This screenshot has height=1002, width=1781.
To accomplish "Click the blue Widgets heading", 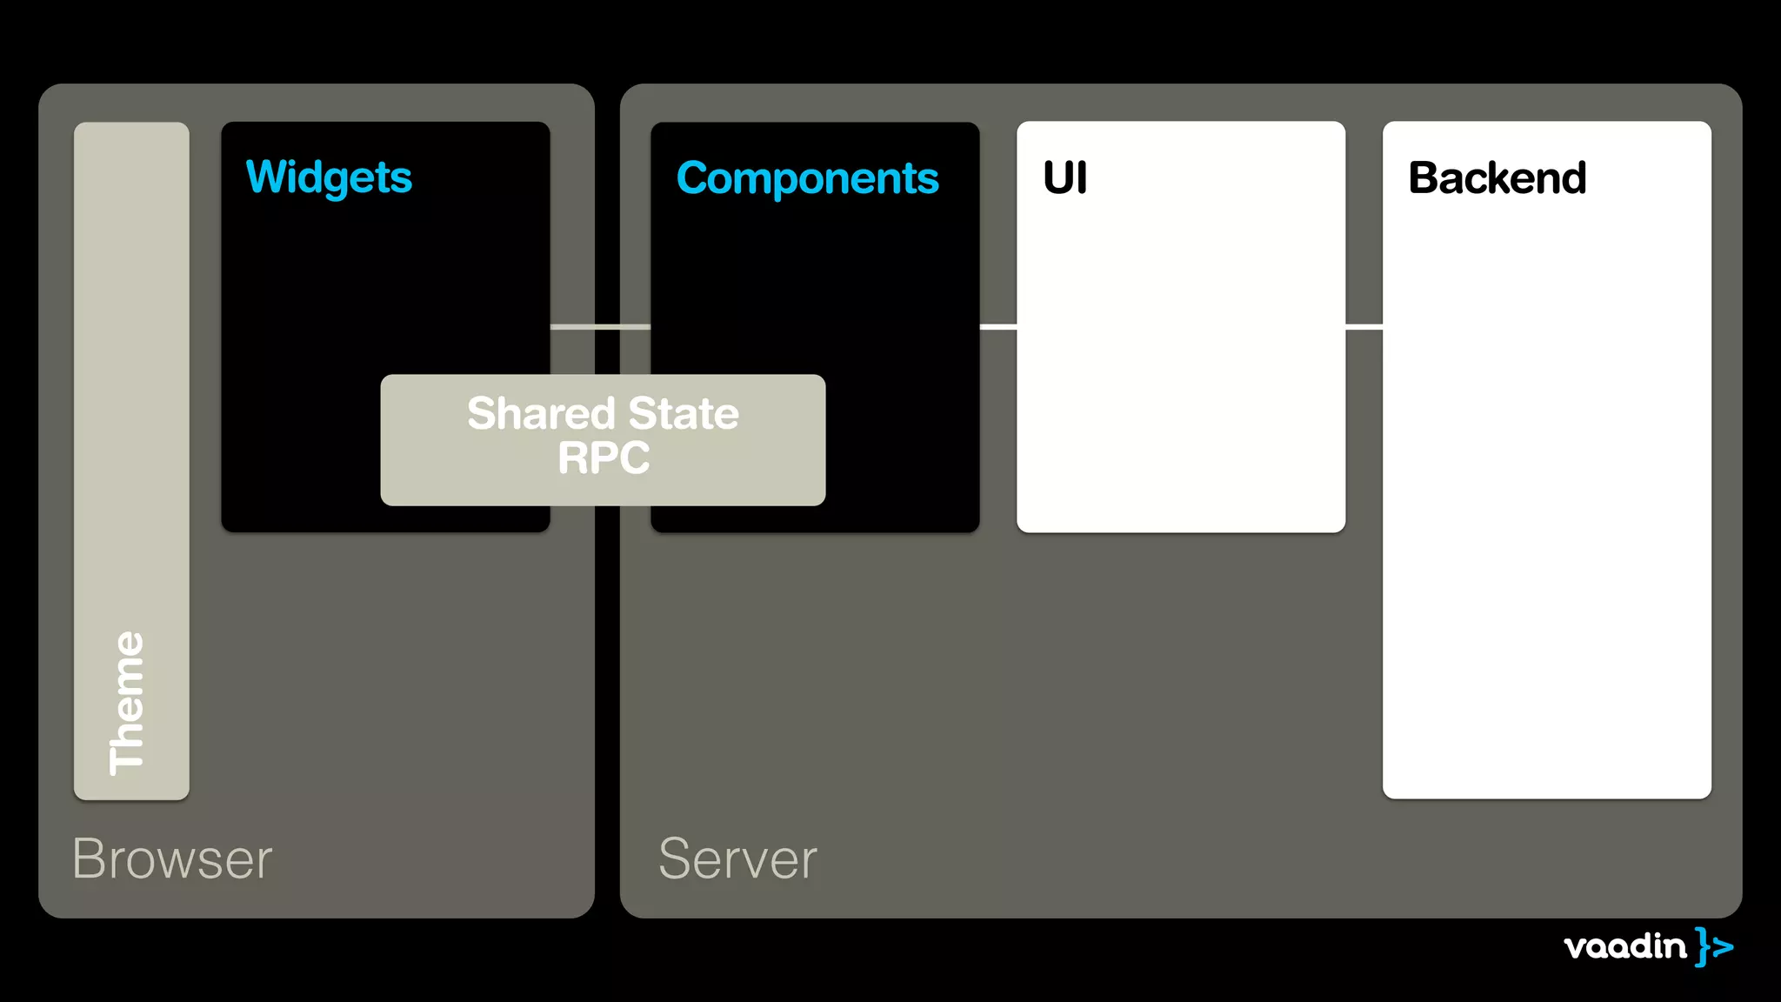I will click(x=329, y=177).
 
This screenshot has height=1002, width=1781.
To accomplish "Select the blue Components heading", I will click(x=807, y=178).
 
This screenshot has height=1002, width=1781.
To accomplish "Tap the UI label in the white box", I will click(x=1064, y=178).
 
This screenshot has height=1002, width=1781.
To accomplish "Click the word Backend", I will click(x=1497, y=178).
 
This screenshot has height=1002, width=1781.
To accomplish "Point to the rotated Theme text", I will click(x=127, y=703).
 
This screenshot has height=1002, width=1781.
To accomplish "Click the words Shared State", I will click(x=603, y=413).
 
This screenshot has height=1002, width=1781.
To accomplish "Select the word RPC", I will click(x=604, y=458).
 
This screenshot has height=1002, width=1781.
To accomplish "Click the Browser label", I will click(x=172, y=859).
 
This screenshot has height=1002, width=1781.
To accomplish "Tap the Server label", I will click(x=737, y=859).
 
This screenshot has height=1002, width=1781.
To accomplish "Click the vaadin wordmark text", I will click(x=1624, y=946).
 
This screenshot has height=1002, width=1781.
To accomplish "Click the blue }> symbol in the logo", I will click(x=1713, y=946).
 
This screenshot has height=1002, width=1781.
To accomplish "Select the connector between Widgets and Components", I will click(x=600, y=327).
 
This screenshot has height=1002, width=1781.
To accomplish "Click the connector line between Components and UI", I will click(x=997, y=327).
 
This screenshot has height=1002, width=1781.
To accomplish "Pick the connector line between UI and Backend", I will click(x=1364, y=327).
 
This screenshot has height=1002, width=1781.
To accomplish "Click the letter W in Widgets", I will click(x=265, y=177).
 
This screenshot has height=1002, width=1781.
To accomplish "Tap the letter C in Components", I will click(x=693, y=178).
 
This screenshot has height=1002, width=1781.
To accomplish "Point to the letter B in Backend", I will click(x=1424, y=178).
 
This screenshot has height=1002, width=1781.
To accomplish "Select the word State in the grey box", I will click(x=684, y=413).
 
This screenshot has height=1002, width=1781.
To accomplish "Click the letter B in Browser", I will click(x=90, y=859).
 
